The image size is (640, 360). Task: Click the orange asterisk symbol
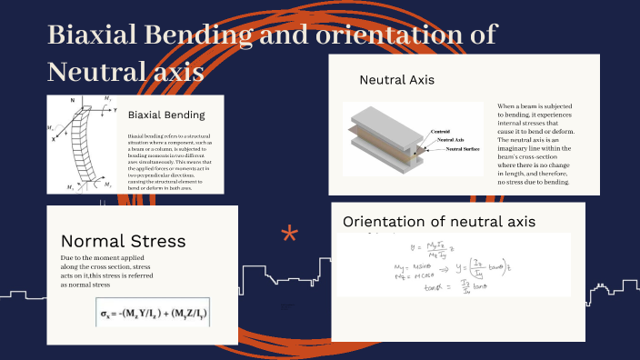tap(290, 235)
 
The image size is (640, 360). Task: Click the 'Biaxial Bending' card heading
tap(166, 115)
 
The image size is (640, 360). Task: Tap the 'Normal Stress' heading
tap(123, 241)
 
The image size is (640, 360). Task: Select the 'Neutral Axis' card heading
tap(396, 80)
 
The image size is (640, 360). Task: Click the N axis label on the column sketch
tap(72, 96)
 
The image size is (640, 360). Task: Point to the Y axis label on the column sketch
tap(115, 109)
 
